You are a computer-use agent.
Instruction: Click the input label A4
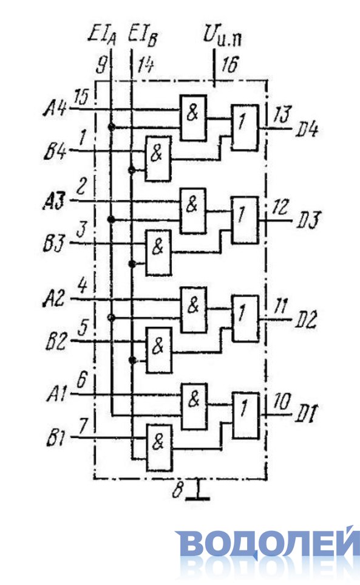pyautogui.click(x=55, y=109)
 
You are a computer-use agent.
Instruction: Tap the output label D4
pyautogui.click(x=307, y=131)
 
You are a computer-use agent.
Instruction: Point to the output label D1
pyautogui.click(x=306, y=415)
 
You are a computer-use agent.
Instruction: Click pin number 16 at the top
pyautogui.click(x=229, y=65)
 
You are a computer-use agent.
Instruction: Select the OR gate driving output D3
pyautogui.click(x=245, y=220)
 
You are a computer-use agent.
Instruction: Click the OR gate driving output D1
pyautogui.click(x=246, y=415)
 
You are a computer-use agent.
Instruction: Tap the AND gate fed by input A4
pyautogui.click(x=193, y=118)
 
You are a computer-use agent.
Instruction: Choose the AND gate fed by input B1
pyautogui.click(x=159, y=448)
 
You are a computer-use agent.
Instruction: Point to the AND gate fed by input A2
pyautogui.click(x=194, y=310)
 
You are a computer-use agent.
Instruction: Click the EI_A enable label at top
pyautogui.click(x=102, y=35)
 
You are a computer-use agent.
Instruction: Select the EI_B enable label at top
pyautogui.click(x=142, y=35)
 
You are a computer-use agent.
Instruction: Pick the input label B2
pyautogui.click(x=56, y=343)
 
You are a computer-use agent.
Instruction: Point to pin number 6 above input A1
pyautogui.click(x=81, y=380)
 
